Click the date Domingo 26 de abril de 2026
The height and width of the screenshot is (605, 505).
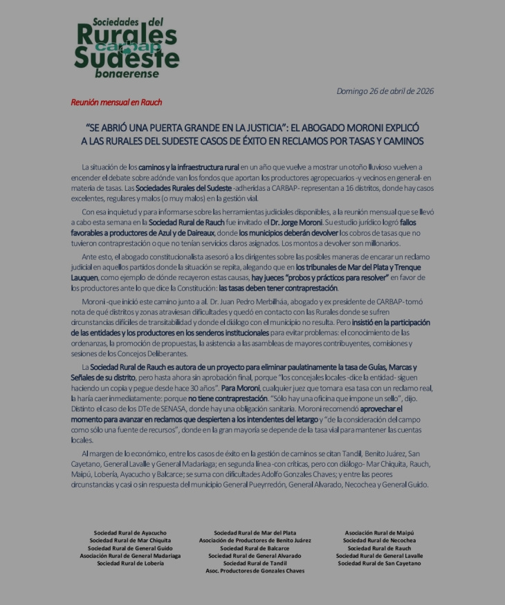(385, 91)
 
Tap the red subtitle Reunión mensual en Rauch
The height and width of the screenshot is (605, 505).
(116, 102)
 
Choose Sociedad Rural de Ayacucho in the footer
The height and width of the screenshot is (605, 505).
(130, 533)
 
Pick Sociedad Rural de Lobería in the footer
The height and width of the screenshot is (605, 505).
(130, 564)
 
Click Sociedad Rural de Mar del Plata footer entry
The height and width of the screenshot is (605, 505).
(255, 533)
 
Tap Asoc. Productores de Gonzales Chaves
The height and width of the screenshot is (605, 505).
(255, 571)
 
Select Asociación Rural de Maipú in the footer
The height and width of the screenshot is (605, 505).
(379, 533)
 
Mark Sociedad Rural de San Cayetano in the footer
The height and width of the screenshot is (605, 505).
(379, 564)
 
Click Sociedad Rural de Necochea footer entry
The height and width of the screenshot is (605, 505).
(379, 541)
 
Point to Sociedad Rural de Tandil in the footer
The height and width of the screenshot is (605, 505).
(255, 564)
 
